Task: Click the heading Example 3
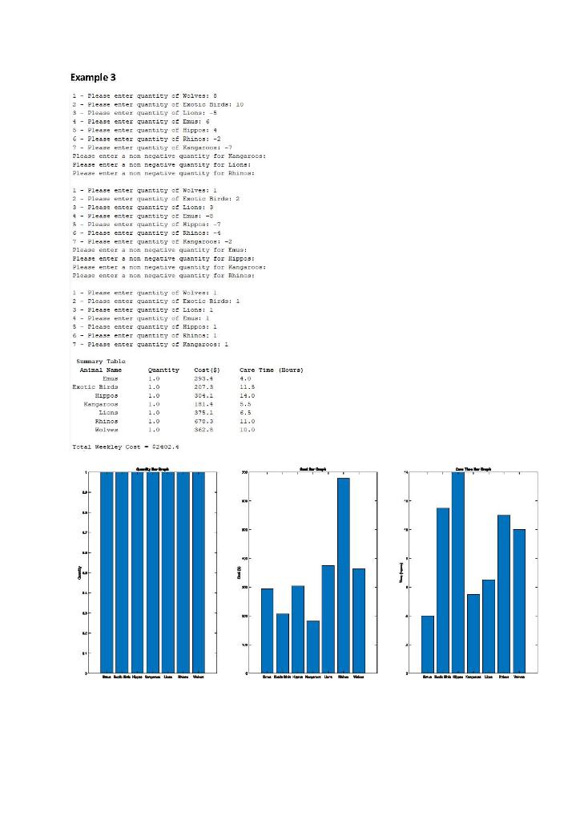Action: [93, 77]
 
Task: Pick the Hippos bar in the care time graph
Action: [458, 572]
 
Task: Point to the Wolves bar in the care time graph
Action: [519, 601]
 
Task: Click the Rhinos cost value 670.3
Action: [205, 420]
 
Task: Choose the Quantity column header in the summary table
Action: [163, 370]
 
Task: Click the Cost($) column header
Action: [207, 370]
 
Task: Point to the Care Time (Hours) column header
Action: [271, 370]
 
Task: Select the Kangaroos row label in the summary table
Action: [101, 403]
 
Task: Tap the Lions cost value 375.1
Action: [205, 412]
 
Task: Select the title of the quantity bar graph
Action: [152, 467]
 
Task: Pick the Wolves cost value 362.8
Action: [205, 429]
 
